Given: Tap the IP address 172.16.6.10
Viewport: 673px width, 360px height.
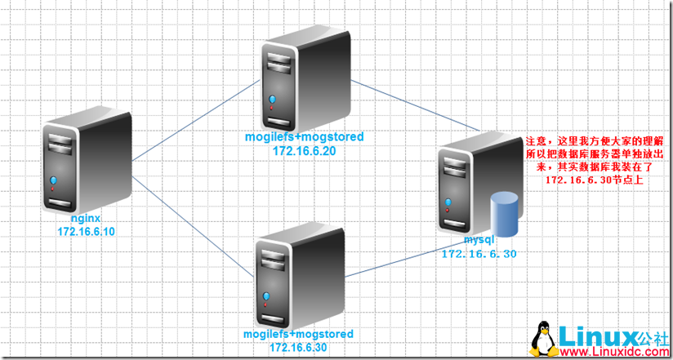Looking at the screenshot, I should click(x=86, y=232).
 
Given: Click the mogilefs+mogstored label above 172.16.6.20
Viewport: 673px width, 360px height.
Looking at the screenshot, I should click(x=304, y=136).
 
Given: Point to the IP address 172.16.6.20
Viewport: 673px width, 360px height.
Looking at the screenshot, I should click(x=305, y=150).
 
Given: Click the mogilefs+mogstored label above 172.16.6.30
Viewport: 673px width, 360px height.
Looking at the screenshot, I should click(x=299, y=335).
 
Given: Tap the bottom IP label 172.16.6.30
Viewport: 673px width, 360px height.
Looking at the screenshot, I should click(x=299, y=348).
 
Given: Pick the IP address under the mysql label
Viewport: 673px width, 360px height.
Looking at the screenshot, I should click(x=479, y=255).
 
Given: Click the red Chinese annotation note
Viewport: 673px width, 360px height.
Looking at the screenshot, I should click(x=594, y=160).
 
